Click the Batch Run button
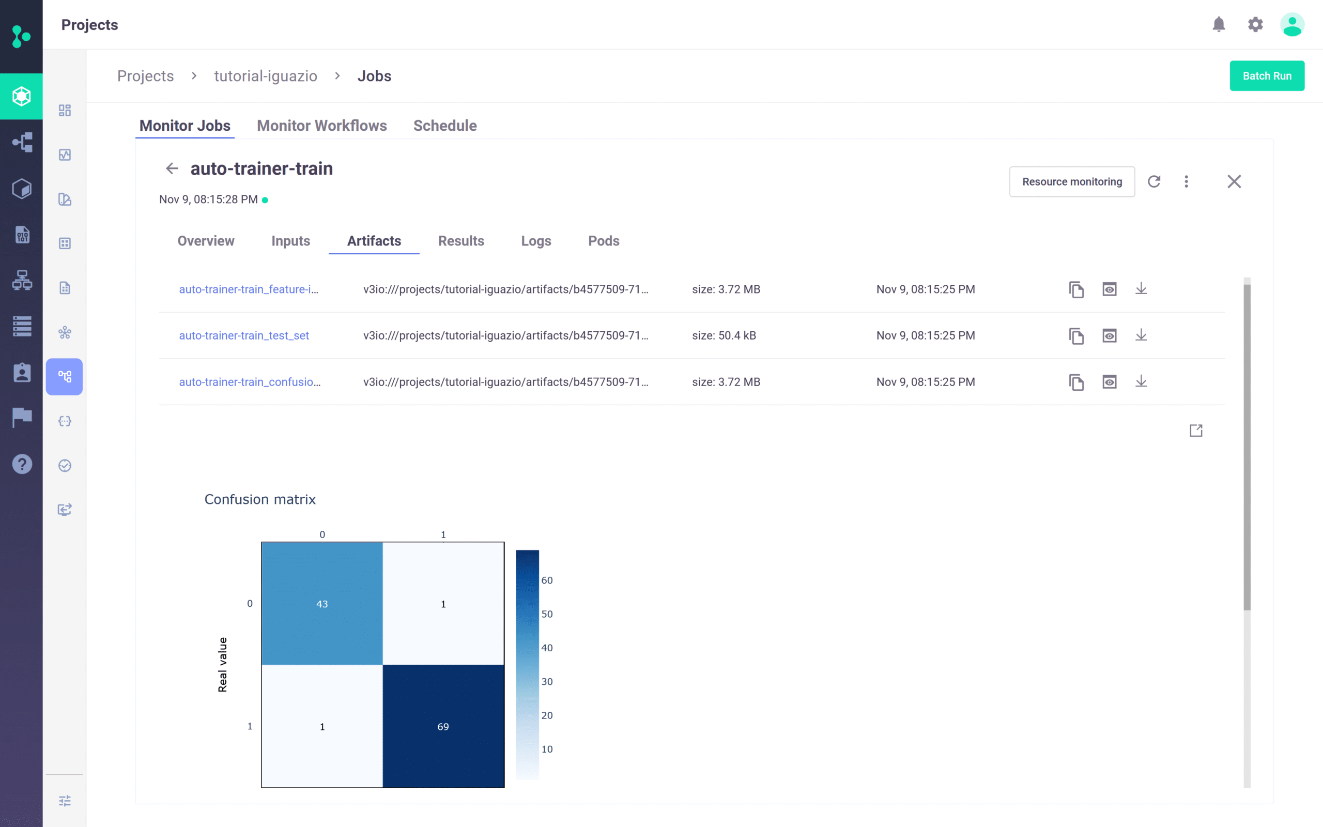[1266, 76]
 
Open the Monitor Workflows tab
[321, 126]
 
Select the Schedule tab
[444, 126]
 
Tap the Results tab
[460, 241]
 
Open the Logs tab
[535, 241]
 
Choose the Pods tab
[603, 241]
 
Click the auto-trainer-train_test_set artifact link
[244, 335]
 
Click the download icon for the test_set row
[1141, 335]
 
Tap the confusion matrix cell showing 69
[443, 726]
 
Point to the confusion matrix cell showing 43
[322, 604]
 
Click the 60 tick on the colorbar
[547, 580]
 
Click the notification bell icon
[1218, 25]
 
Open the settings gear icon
[1255, 25]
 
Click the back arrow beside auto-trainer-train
[172, 169]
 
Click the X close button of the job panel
[1234, 181]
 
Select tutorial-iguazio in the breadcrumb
[265, 76]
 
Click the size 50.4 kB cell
[724, 335]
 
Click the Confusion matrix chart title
[259, 499]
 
